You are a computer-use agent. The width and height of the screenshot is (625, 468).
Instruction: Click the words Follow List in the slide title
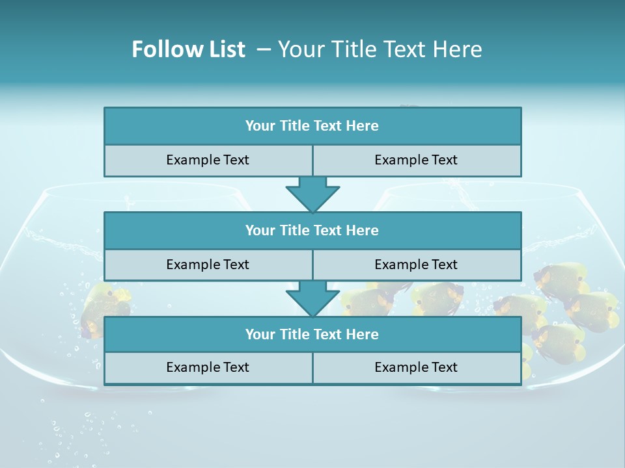189,49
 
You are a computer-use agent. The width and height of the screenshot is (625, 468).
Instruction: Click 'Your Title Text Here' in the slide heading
380,49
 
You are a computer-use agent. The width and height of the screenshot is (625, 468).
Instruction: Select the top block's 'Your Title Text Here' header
312,126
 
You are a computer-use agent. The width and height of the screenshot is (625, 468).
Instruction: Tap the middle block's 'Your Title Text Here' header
312,230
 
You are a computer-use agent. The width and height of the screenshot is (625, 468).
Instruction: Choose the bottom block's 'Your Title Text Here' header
312,334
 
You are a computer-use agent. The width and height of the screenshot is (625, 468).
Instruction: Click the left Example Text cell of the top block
208,160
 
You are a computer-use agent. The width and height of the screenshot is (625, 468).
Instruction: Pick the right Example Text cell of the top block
416,160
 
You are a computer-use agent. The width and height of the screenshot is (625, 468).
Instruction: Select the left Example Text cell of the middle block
208,265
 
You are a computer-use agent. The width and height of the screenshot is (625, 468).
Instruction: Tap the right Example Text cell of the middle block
416,265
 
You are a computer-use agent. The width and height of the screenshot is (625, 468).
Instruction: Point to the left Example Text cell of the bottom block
208,367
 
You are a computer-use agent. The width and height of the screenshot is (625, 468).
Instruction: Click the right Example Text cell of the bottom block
416,367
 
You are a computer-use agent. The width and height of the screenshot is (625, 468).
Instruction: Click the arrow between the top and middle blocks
312,194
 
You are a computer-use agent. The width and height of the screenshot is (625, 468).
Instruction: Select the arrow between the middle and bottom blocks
312,298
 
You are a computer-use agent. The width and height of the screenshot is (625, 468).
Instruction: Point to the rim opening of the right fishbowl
482,190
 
